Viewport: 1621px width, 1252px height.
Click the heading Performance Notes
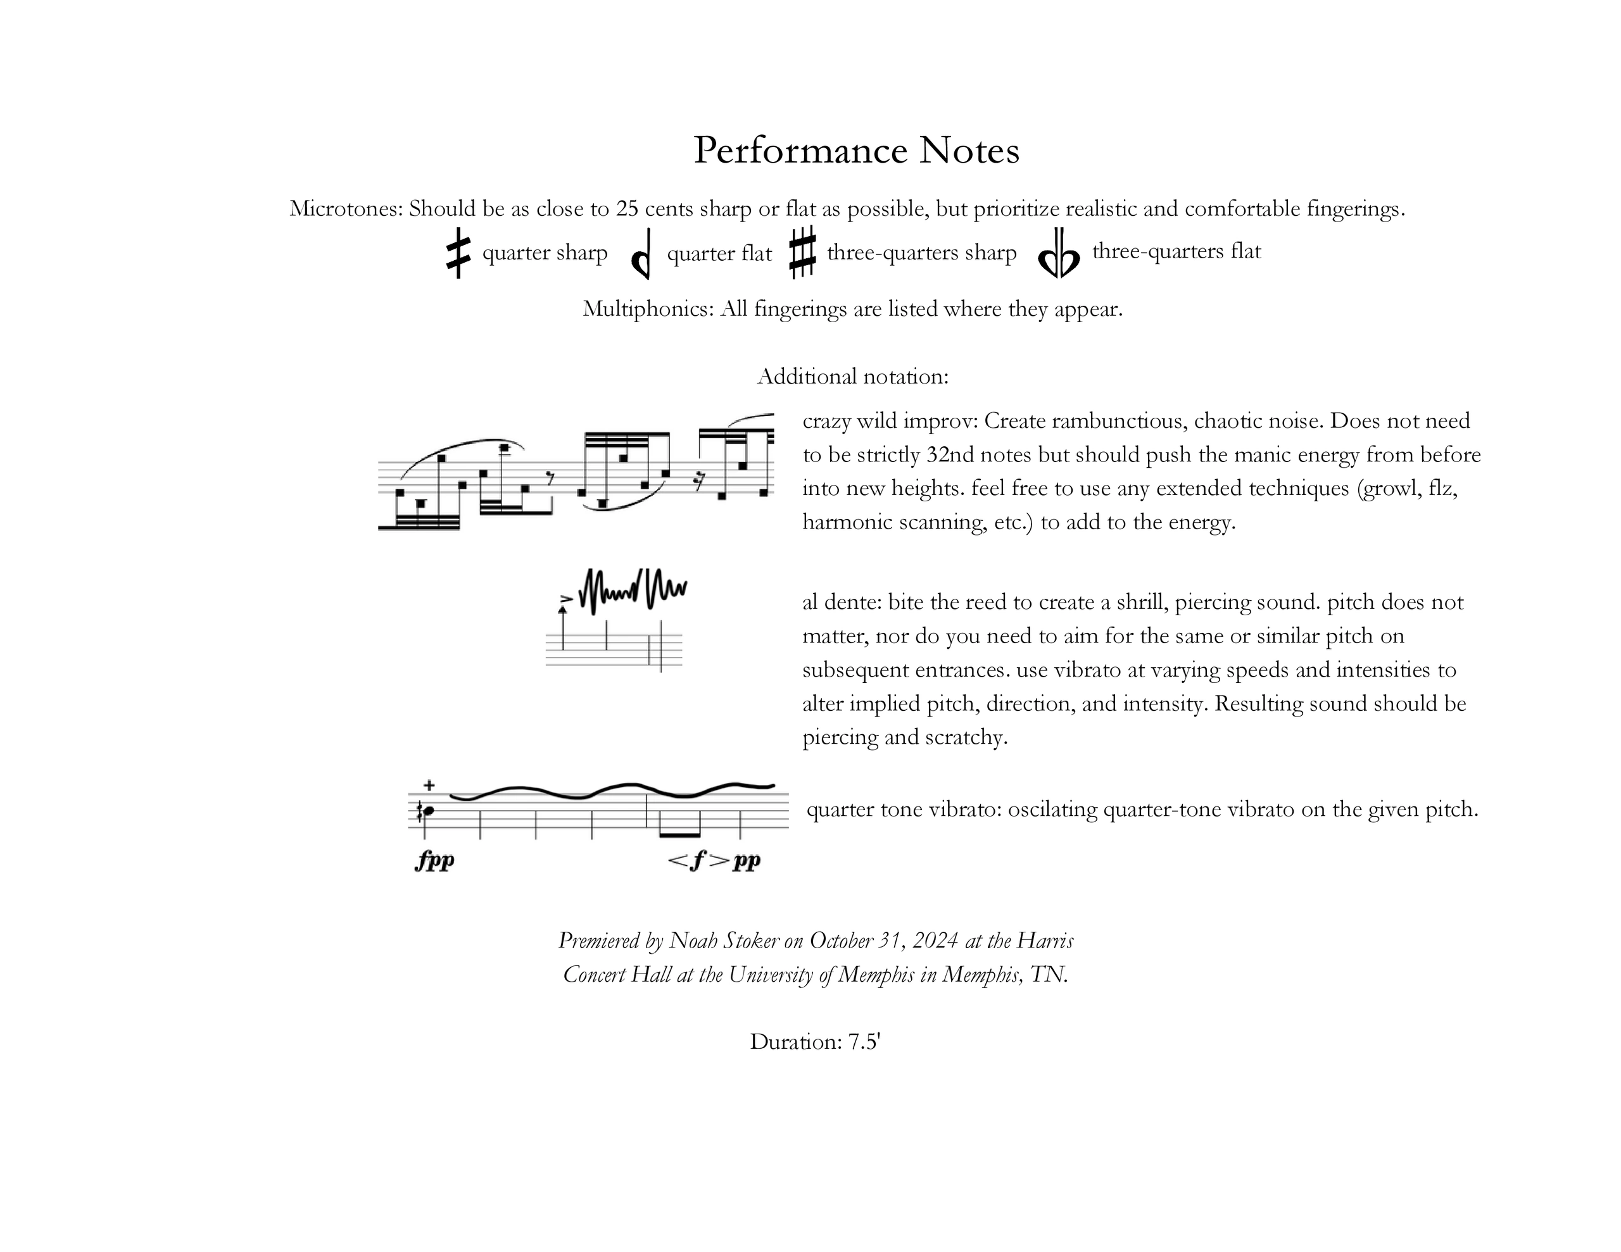(856, 151)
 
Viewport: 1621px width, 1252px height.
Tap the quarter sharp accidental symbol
(458, 253)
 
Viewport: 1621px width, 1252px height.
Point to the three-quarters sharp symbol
(802, 253)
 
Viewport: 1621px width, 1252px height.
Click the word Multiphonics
(647, 309)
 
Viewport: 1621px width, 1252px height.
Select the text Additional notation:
(853, 377)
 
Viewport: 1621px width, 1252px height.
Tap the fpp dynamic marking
(435, 860)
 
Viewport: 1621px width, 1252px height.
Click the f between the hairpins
(698, 860)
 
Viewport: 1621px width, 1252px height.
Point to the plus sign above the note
(429, 786)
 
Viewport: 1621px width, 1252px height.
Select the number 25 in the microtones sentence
(627, 210)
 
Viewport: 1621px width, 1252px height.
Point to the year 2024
(935, 941)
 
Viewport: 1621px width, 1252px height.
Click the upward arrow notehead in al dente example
(562, 610)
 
